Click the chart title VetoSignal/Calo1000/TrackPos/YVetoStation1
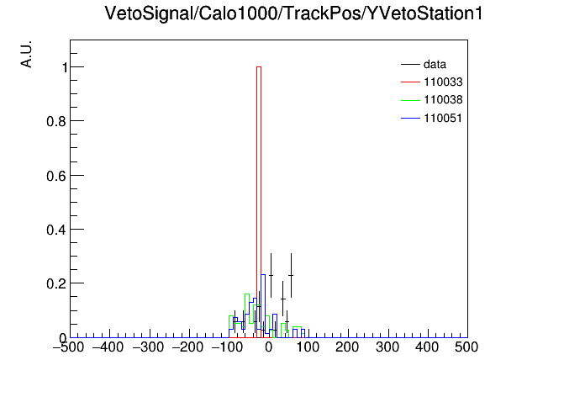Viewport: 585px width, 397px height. click(x=293, y=13)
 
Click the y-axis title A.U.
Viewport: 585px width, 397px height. click(x=27, y=54)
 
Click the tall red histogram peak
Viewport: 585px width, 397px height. click(x=259, y=202)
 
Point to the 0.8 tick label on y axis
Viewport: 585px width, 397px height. click(x=56, y=121)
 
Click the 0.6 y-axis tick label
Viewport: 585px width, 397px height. click(x=56, y=176)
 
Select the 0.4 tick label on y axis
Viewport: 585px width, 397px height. click(x=56, y=230)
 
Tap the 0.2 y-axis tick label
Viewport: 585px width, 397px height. click(x=56, y=283)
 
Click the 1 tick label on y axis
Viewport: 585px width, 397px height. click(x=65, y=67)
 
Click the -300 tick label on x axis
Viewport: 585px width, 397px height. click(x=148, y=347)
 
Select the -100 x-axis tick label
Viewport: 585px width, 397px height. click(x=227, y=347)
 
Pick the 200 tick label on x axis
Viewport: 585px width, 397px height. click(x=347, y=347)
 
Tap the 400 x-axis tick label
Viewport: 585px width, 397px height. click(x=427, y=347)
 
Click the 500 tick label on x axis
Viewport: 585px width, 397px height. click(x=466, y=347)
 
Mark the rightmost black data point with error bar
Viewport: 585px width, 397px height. click(x=291, y=275)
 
